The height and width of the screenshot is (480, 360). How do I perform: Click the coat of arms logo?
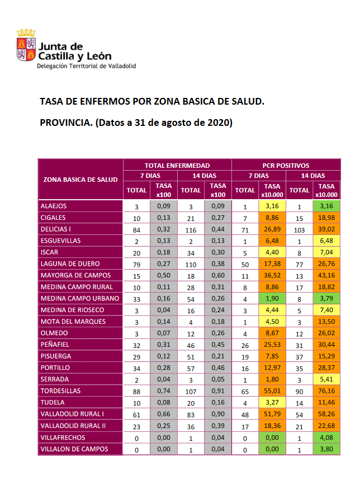26,48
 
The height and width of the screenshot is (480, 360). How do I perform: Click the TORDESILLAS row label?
61,390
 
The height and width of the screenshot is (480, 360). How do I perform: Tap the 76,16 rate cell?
326,390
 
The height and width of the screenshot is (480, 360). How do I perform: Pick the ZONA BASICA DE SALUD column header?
80,180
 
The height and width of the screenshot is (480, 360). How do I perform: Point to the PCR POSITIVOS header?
286,166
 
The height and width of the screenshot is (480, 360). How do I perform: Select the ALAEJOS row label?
55,206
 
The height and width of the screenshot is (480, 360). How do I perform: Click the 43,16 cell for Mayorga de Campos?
326,275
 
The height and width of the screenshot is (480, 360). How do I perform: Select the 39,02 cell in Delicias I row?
326,229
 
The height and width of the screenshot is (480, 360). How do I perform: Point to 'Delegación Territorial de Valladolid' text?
86,66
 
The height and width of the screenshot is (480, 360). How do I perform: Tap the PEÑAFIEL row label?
55,344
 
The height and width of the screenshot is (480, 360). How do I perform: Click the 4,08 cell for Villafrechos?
326,437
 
